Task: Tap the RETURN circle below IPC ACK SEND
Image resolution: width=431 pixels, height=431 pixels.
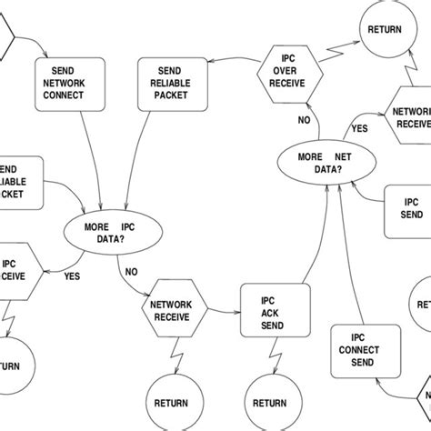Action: pyautogui.click(x=269, y=403)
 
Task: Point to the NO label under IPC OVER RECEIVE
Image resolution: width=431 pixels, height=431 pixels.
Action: pyautogui.click(x=305, y=119)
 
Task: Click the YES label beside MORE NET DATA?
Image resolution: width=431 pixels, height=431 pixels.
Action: pyautogui.click(x=360, y=128)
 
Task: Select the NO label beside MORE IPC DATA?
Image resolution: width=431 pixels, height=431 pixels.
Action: pyautogui.click(x=131, y=271)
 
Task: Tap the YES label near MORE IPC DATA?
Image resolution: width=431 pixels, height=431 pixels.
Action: pyautogui.click(x=72, y=276)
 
